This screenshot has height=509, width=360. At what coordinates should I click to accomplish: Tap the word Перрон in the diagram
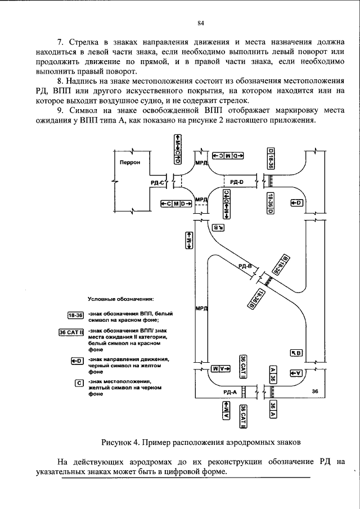tap(129, 162)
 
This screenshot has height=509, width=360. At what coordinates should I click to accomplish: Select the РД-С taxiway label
tap(158, 182)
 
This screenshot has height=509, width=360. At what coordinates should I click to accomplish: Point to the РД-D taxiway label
tap(237, 182)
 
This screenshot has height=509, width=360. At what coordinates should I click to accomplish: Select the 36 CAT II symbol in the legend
tap(71, 332)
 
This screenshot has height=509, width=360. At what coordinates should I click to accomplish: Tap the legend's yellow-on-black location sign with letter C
tap(79, 384)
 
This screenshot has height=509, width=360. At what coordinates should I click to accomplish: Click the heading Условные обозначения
tap(121, 299)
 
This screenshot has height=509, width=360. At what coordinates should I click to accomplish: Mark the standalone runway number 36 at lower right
tap(314, 390)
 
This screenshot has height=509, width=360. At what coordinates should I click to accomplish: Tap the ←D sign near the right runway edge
tap(296, 202)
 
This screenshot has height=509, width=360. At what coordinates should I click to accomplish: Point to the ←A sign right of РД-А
tap(296, 372)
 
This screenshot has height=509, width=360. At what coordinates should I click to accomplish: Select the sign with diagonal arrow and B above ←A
tap(296, 353)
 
